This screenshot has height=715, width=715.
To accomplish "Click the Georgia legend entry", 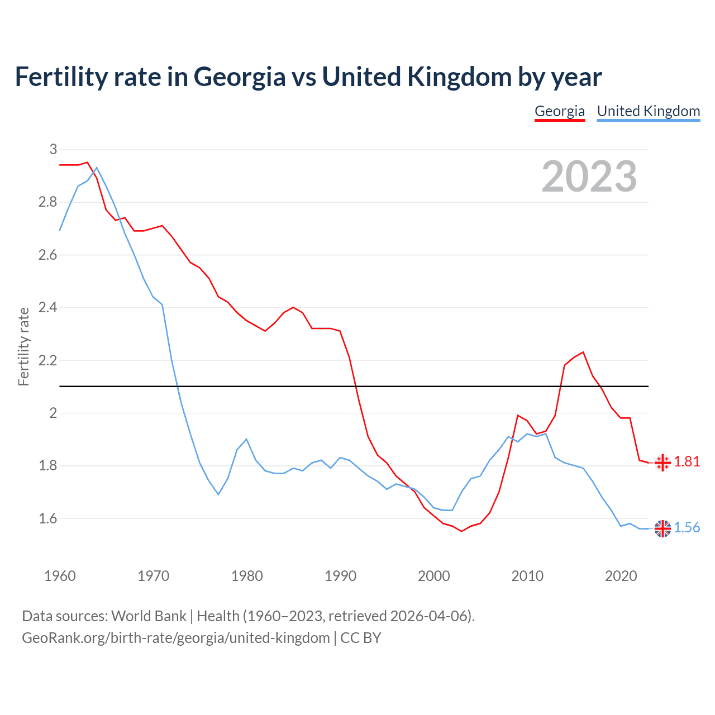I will click(559, 111).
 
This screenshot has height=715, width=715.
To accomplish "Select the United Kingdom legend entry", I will click(648, 111).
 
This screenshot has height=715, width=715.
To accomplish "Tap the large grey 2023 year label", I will click(589, 177).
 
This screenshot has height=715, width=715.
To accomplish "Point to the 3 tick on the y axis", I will click(53, 149).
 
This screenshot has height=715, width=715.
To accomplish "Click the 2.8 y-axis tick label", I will click(48, 202).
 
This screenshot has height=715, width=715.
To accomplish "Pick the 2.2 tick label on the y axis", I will click(48, 360).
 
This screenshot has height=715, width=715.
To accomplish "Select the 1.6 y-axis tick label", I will click(48, 519).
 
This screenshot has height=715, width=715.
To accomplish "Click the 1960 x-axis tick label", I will click(60, 576).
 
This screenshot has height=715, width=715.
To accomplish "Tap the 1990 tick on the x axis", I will click(340, 576).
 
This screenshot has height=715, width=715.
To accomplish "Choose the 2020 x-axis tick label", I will click(621, 576).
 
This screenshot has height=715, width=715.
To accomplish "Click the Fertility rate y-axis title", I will click(23, 346).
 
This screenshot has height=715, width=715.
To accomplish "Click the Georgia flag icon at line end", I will click(662, 462).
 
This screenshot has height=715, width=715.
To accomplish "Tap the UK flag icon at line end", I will click(662, 528).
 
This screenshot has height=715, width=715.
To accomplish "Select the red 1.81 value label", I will click(687, 462).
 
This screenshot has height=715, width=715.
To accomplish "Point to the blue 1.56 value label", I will click(687, 528).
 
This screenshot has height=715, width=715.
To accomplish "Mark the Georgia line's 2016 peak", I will click(583, 352).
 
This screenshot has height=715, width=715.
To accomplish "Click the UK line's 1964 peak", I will click(97, 168).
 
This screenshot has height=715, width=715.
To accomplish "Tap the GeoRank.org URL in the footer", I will click(175, 638).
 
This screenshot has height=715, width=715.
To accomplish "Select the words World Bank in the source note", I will click(149, 616).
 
